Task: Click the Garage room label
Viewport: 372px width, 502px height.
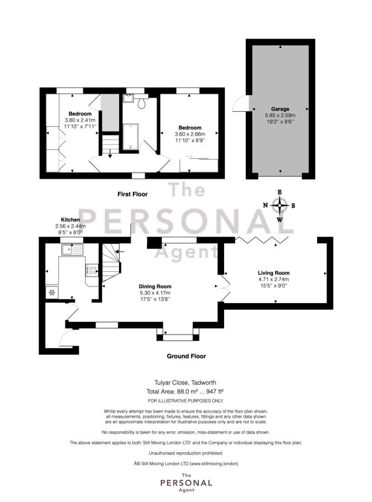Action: (280, 109)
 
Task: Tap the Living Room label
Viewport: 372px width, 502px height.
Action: (273, 273)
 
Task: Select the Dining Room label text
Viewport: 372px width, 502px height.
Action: (155, 286)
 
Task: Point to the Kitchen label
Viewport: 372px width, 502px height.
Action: (71, 219)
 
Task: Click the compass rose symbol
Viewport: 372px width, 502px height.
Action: (279, 205)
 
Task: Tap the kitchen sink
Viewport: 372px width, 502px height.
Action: (73, 250)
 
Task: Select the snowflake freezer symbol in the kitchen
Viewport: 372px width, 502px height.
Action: (52, 292)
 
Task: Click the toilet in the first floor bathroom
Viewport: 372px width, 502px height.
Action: (142, 103)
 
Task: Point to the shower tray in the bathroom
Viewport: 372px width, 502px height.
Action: (131, 137)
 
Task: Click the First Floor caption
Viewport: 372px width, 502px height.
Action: (133, 194)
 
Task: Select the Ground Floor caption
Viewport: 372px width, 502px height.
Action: (186, 356)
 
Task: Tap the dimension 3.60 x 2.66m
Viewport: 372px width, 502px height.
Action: (190, 134)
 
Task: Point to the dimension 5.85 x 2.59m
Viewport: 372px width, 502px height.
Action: (280, 115)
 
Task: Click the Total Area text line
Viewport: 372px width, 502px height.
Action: (185, 391)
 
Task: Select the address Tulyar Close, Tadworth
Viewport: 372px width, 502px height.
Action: (185, 382)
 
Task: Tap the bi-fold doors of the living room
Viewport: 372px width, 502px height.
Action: (262, 240)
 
